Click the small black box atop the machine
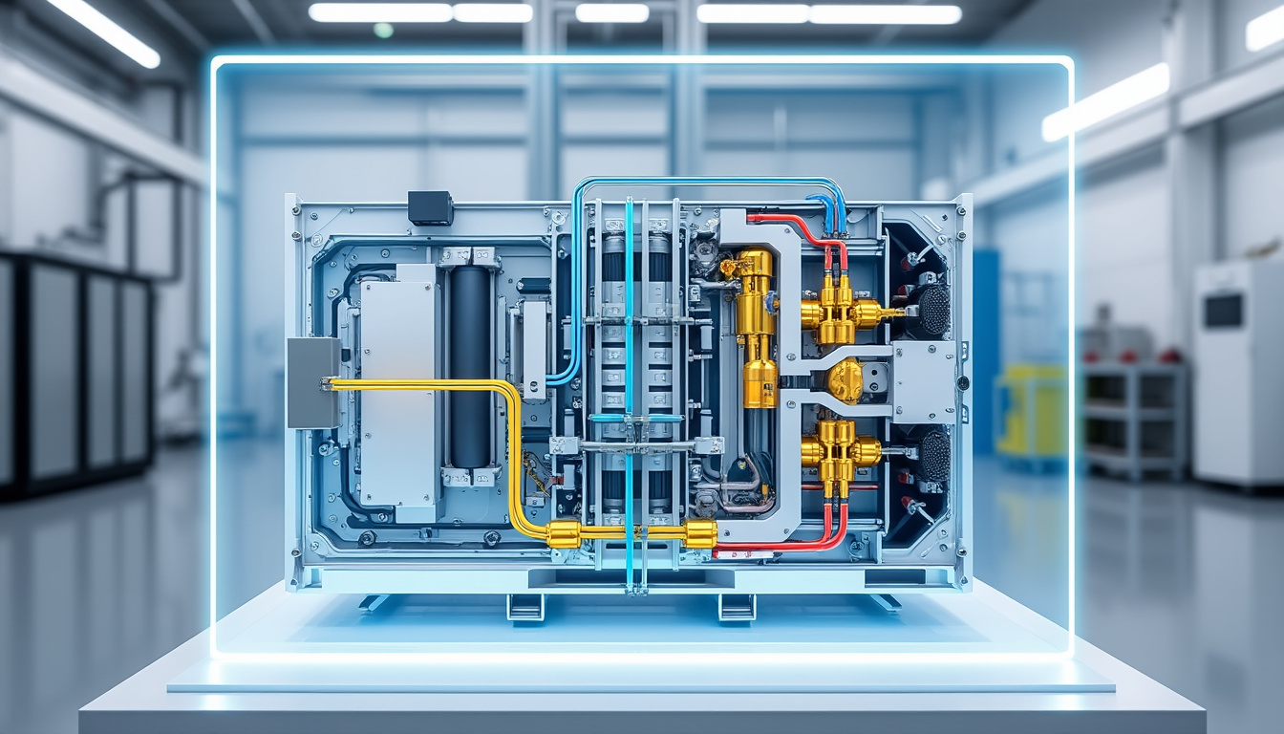[x=430, y=207]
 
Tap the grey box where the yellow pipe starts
[x=313, y=382]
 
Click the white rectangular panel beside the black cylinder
[x=397, y=392]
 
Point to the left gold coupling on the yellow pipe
[x=564, y=533]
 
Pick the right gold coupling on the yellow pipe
[x=700, y=533]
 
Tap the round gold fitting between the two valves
[x=845, y=381]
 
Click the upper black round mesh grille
[x=933, y=310]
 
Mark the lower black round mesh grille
[x=934, y=455]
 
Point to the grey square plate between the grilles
[x=923, y=381]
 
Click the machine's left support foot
[x=525, y=607]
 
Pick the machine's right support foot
[x=737, y=607]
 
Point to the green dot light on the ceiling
[x=383, y=30]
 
